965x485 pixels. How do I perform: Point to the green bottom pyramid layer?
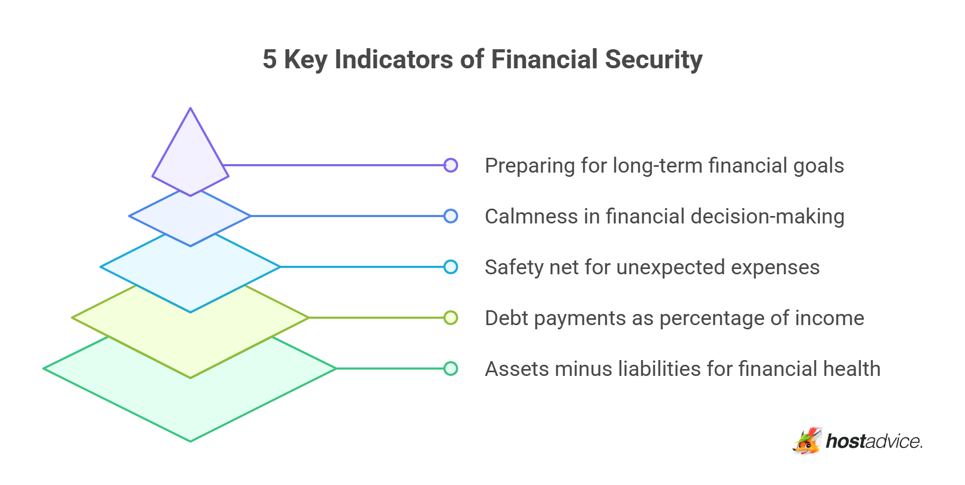(190, 402)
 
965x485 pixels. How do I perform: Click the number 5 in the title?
(269, 59)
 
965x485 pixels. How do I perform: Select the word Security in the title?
(654, 60)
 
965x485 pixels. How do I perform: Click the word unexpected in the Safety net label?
(671, 268)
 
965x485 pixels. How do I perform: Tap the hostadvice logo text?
(874, 441)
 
